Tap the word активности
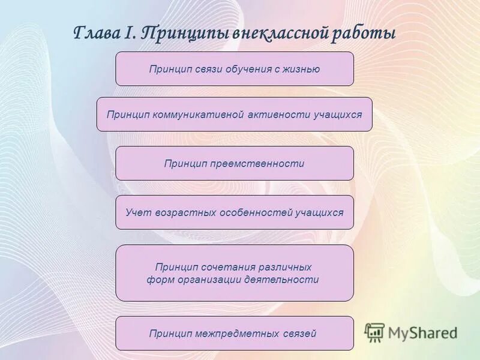click(279, 115)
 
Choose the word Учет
click(137, 212)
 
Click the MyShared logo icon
click(374, 332)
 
